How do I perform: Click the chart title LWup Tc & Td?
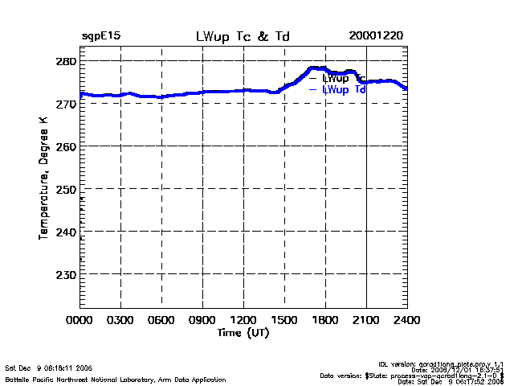point(243,37)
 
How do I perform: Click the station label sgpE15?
point(100,37)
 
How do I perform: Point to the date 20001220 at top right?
point(375,37)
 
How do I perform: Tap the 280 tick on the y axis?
point(66,61)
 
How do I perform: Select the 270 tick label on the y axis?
point(66,104)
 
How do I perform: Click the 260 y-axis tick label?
point(66,146)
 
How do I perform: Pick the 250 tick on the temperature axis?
point(66,189)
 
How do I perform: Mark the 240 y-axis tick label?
point(66,232)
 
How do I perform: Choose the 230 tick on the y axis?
point(66,274)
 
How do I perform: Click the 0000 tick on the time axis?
point(80,320)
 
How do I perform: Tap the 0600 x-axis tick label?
point(162,320)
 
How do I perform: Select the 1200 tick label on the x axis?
point(244,320)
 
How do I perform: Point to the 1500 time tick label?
point(285,320)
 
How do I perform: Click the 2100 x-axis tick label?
point(367,320)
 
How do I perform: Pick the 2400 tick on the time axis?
point(407,320)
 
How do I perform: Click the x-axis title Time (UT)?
point(243,332)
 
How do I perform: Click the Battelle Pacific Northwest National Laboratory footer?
point(116,379)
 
